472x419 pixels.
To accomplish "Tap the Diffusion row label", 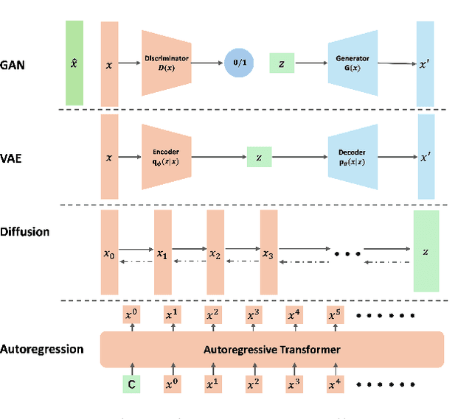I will pos(25,231).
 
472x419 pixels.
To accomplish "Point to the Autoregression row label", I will pos(42,348).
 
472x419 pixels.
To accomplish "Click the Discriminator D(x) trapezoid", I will pos(167,63).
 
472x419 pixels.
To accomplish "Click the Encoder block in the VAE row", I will pos(167,157).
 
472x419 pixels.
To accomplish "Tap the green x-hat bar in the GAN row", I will pos(74,63).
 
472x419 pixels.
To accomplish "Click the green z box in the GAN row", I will pos(282,64).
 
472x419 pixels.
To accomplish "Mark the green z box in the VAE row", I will pos(260,158).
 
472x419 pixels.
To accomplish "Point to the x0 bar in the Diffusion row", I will pos(109,250).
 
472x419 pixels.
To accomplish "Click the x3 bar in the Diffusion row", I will pos(268,250).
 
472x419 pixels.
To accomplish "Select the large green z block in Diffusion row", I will pos(426,250).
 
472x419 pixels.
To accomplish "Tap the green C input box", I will pos(131,384).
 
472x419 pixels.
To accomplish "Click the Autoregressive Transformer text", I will pos(272,349).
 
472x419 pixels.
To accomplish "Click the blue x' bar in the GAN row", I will pos(426,63).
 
